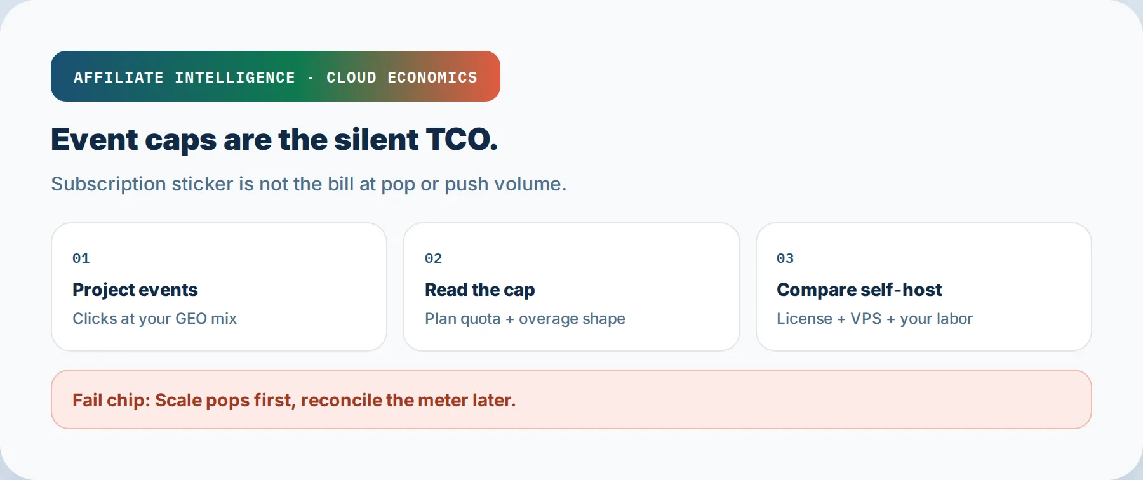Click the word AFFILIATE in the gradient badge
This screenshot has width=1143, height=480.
click(119, 77)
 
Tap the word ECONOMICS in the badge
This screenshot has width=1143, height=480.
click(432, 77)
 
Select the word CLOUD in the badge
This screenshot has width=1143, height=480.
click(351, 77)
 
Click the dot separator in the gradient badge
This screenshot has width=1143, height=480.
click(311, 78)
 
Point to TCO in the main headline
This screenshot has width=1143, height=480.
click(461, 139)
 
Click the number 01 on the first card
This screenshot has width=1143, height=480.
click(81, 258)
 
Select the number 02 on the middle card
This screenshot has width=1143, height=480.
click(434, 258)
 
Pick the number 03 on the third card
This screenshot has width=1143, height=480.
click(785, 258)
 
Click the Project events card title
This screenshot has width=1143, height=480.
click(135, 290)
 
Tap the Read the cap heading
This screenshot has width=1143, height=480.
click(480, 290)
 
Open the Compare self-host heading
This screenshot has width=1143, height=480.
click(859, 290)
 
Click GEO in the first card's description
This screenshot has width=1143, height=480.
click(191, 319)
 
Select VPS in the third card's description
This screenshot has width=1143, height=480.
click(866, 319)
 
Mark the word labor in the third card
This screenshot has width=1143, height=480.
click(954, 319)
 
